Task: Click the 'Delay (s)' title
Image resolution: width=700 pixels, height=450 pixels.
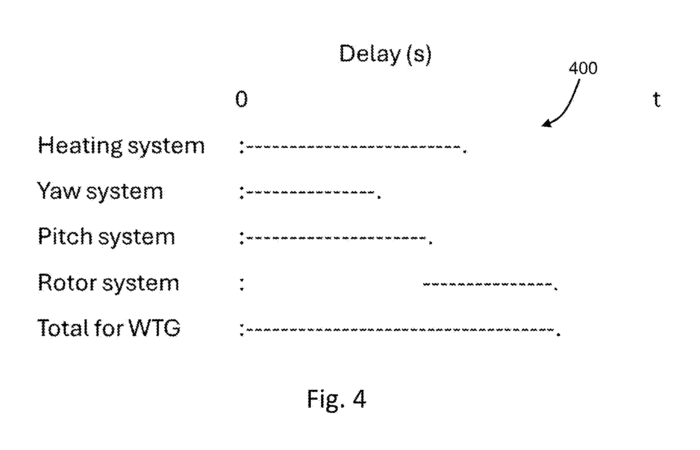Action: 385,54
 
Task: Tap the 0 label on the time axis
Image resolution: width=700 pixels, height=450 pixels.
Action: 242,99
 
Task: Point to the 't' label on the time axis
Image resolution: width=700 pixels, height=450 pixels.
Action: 657,100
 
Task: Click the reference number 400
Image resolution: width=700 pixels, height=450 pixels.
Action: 583,69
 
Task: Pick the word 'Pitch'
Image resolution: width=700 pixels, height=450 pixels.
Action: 65,237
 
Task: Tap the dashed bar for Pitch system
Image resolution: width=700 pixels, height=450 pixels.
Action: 336,238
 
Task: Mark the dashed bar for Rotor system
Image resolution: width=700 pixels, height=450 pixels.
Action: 487,284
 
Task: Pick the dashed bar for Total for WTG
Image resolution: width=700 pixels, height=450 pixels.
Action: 400,330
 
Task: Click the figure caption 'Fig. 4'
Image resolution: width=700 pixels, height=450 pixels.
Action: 336,399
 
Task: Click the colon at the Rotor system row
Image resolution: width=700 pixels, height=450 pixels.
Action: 242,283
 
